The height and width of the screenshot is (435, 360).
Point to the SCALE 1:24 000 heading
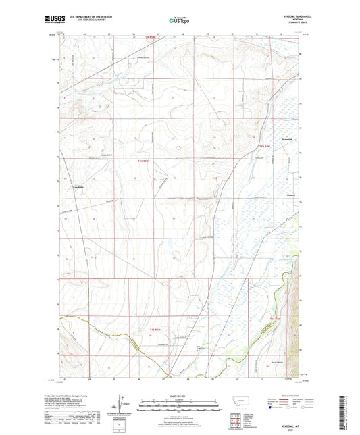pyautogui.click(x=179, y=396)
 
